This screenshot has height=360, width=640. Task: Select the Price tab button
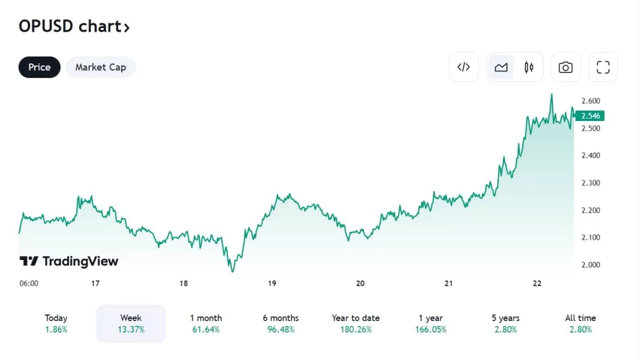[40, 67]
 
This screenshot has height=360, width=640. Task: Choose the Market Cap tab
[101, 67]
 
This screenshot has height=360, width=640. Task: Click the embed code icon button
[463, 67]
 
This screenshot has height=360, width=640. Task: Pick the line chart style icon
[501, 67]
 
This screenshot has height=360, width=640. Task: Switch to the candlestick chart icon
[529, 67]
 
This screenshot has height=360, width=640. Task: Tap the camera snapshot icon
[565, 67]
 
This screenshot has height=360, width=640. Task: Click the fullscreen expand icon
[603, 67]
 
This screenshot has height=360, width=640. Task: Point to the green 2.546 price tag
[591, 116]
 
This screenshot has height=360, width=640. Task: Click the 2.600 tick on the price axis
[591, 101]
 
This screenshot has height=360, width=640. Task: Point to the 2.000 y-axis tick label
[591, 265]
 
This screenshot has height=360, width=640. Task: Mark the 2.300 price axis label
[591, 183]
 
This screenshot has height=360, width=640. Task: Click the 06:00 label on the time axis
[29, 283]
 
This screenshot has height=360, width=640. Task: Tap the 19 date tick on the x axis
[272, 283]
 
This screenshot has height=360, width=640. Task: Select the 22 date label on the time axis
[537, 283]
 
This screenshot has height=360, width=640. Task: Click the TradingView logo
[69, 261]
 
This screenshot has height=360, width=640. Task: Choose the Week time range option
[131, 323]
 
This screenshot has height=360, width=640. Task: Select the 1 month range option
[206, 323]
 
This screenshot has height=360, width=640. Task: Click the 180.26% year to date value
[356, 329]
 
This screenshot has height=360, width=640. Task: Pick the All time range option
[580, 323]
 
